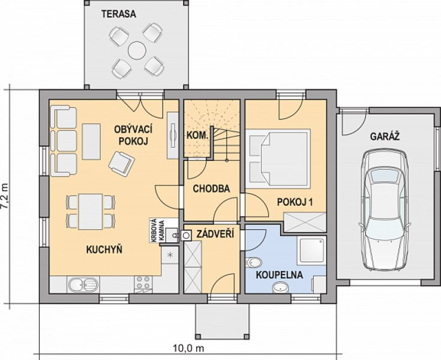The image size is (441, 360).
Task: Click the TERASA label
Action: (119, 14)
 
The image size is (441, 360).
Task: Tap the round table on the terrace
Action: (137, 50)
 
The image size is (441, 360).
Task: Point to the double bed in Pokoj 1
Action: (278, 158)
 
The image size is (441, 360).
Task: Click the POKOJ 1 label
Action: (295, 202)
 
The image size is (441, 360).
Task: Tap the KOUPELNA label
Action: (279, 275)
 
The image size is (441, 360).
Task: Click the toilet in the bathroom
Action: (253, 263)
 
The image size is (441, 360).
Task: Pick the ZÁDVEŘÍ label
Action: (215, 234)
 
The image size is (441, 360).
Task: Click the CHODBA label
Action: (211, 188)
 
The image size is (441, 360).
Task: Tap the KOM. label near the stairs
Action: (197, 136)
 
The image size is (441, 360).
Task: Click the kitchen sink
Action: (83, 284)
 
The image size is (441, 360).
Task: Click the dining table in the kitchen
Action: (90, 211)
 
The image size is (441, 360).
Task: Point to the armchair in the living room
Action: (121, 164)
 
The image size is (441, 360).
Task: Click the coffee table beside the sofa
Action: (91, 142)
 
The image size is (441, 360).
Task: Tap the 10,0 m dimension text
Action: (188, 349)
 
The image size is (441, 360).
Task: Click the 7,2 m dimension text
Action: (5, 196)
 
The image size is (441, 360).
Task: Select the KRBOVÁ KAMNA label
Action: (157, 230)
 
